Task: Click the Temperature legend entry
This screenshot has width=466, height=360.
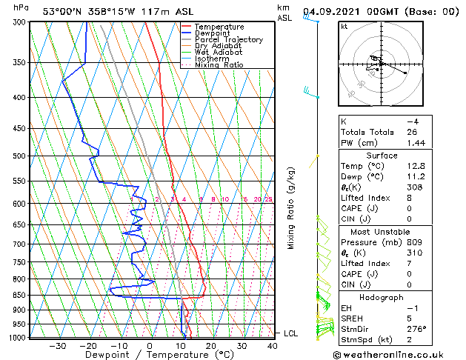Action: pyautogui.click(x=219, y=27)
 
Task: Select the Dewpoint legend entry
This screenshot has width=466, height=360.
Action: pyautogui.click(x=213, y=33)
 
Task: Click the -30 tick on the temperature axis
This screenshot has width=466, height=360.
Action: pyautogui.click(x=57, y=346)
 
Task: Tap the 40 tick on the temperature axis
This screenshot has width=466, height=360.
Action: pyautogui.click(x=273, y=346)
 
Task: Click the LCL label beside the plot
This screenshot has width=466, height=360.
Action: pyautogui.click(x=290, y=334)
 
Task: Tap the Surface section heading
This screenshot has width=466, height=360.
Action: pyautogui.click(x=382, y=156)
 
